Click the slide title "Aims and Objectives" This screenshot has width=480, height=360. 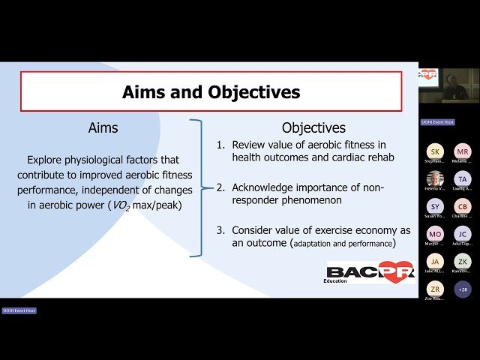(211, 92)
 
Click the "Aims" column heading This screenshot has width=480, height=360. (103, 128)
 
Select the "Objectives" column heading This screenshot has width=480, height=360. (313, 128)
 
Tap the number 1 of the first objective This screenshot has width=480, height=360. (220, 145)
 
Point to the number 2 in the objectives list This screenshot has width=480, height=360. (220, 187)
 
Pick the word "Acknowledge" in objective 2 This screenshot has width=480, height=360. (264, 187)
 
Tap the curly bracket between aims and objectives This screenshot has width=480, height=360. (196, 187)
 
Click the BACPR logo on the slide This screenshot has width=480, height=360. (370, 272)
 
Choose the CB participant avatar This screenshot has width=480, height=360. (463, 206)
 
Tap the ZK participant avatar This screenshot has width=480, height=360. (463, 261)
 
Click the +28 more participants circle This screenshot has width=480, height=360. (463, 289)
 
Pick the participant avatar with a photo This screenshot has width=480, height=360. (435, 179)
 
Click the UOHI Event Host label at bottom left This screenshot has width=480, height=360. (19, 310)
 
